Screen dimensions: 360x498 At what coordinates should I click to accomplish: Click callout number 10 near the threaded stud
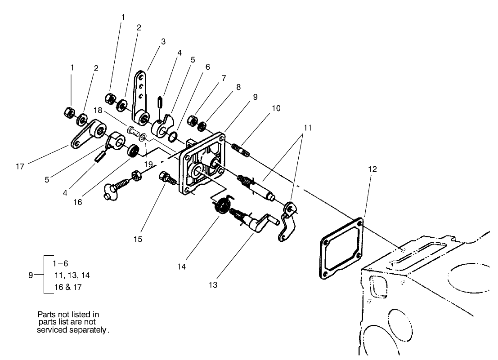[276, 108]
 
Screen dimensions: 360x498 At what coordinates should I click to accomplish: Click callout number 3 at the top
[163, 41]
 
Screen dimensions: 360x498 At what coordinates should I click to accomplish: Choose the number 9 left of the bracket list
[30, 275]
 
